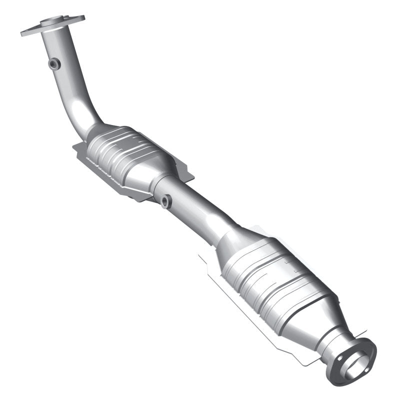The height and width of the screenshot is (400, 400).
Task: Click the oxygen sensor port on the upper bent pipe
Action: tap(54, 63)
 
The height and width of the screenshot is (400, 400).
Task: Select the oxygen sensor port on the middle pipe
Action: tap(165, 201)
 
